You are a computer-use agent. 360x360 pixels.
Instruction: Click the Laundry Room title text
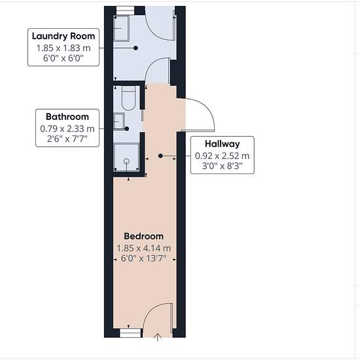(63, 36)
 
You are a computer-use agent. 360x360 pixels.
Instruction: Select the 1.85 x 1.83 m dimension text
(63, 48)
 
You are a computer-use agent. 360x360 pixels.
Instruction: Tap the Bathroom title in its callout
(67, 117)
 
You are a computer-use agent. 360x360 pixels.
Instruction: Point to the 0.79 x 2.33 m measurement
(67, 128)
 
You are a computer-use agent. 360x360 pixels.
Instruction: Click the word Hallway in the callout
(223, 144)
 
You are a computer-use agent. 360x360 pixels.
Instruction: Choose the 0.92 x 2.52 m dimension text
(223, 156)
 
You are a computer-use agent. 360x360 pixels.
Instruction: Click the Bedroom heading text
(144, 236)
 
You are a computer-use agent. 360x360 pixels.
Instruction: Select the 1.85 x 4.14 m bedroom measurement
(144, 248)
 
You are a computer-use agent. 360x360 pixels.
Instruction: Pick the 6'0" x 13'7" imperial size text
(143, 259)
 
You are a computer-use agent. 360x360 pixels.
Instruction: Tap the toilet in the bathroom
(128, 98)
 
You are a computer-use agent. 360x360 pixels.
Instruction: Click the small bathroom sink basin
(119, 121)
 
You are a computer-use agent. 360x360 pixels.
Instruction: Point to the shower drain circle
(126, 162)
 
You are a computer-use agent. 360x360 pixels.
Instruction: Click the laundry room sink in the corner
(122, 28)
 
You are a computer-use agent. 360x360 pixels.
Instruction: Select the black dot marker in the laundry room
(135, 48)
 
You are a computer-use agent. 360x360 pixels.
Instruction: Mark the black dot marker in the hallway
(160, 156)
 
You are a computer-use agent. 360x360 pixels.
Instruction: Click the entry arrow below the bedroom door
(158, 337)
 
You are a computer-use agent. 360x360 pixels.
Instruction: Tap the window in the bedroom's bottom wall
(130, 333)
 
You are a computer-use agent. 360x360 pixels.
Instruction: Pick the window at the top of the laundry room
(125, 10)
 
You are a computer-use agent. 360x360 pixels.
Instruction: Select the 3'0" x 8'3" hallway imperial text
(223, 166)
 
